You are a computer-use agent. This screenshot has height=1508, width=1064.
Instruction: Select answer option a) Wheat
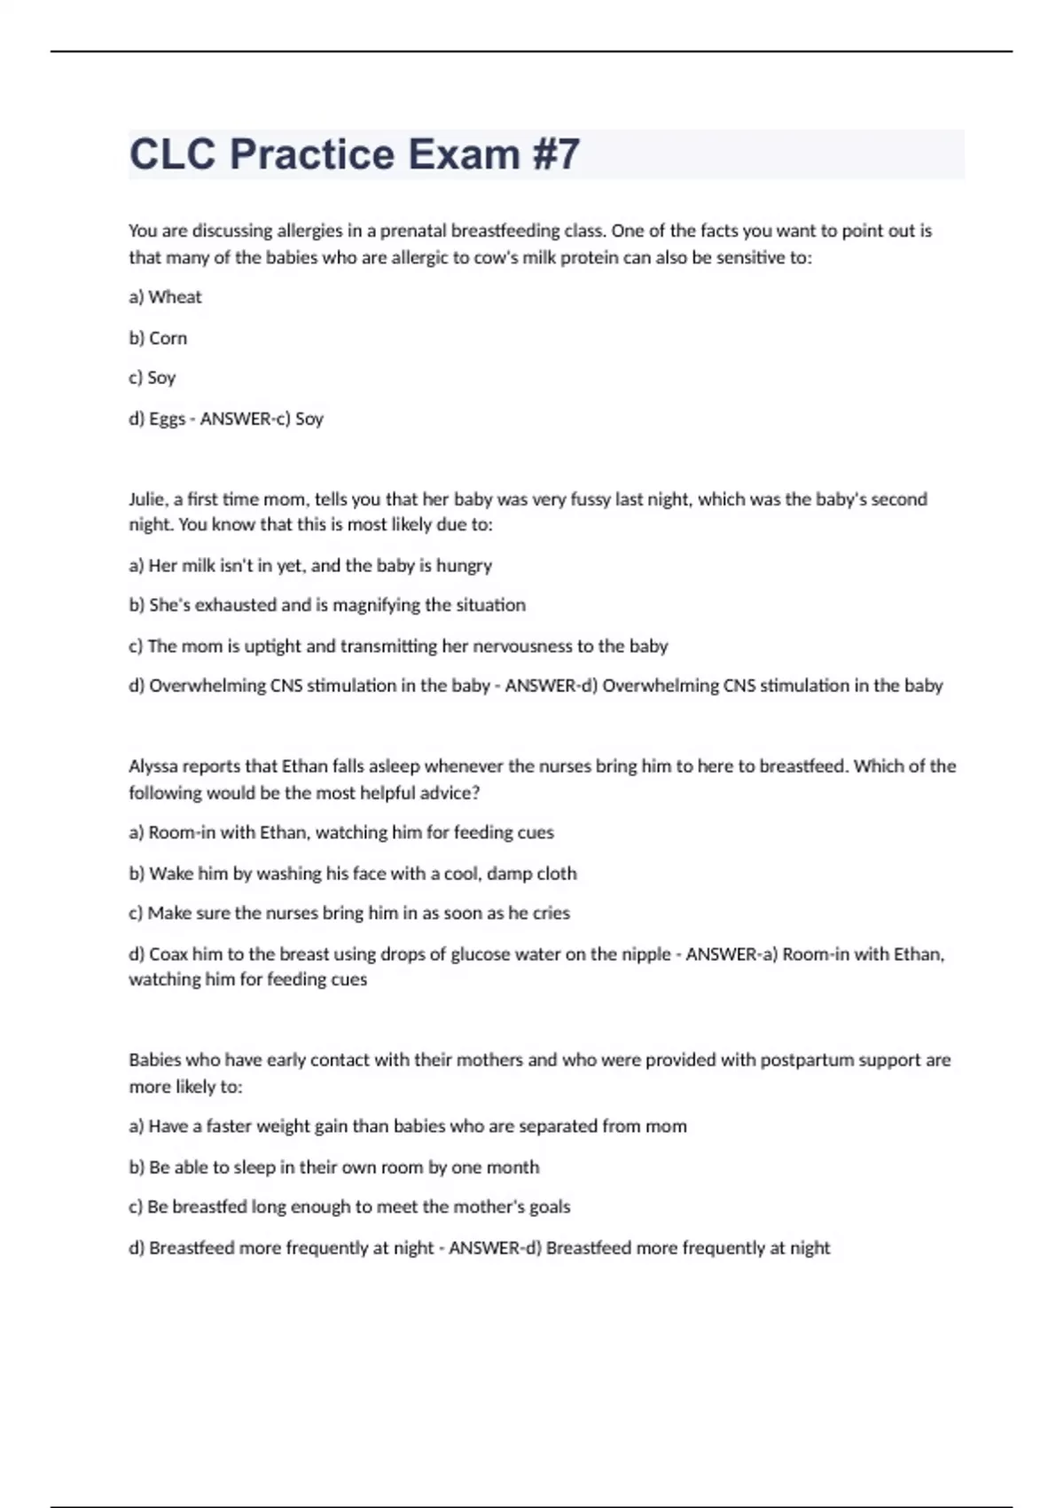point(166,297)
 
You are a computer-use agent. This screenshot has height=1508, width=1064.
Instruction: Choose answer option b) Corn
point(159,338)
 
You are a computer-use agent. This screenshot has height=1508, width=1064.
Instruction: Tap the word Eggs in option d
point(167,419)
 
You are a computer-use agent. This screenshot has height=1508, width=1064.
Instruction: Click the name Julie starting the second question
point(147,499)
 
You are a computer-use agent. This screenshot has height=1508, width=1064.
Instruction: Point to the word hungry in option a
point(464,566)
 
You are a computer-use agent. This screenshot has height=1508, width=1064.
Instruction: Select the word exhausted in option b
point(235,605)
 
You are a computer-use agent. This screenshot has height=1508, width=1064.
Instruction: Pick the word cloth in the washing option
point(556,874)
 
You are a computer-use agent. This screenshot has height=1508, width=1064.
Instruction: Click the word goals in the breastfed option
point(550,1207)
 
